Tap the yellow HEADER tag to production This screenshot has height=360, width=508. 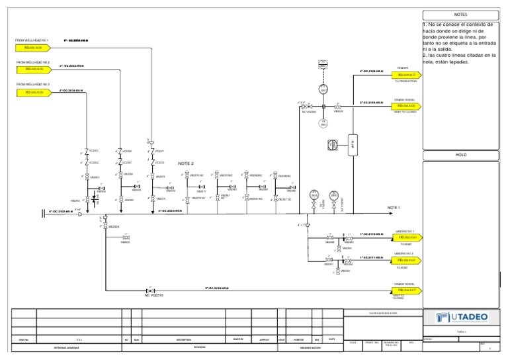pyautogui.click(x=406, y=76)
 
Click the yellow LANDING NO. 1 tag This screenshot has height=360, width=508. pyautogui.click(x=406, y=237)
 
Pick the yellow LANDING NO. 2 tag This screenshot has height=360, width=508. pyautogui.click(x=406, y=261)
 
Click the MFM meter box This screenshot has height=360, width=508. pyautogui.click(x=353, y=144)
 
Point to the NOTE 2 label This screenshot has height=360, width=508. pyautogui.click(x=186, y=163)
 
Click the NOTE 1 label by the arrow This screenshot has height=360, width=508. pyautogui.click(x=394, y=208)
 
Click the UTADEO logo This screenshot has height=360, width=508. pyautogui.click(x=462, y=318)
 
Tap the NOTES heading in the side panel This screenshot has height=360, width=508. pyautogui.click(x=460, y=14)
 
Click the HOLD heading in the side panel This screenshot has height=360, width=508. pyautogui.click(x=460, y=154)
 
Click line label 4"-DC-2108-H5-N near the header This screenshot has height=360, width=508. pyautogui.click(x=371, y=71)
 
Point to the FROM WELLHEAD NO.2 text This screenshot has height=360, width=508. pyautogui.click(x=33, y=62)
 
